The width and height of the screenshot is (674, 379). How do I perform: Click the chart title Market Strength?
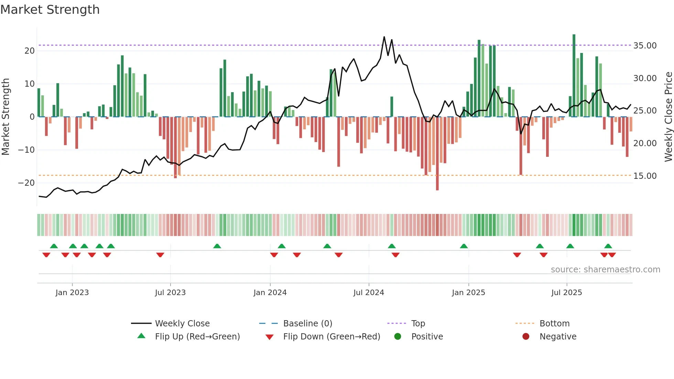(x=50, y=10)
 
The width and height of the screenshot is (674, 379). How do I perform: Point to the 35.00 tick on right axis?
(x=645, y=46)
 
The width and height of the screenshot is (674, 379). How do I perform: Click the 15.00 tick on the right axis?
(x=645, y=176)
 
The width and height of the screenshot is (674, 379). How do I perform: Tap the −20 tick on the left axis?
(x=26, y=183)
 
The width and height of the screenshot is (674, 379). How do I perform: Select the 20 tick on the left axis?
(x=30, y=51)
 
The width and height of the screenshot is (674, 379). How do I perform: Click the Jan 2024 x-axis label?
(x=270, y=293)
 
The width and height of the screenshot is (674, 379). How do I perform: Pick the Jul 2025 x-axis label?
(x=566, y=293)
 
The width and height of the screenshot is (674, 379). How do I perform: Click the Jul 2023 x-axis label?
(x=170, y=293)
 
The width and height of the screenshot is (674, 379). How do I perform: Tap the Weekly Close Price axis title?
(x=668, y=117)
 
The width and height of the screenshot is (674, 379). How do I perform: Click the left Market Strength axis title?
(x=6, y=117)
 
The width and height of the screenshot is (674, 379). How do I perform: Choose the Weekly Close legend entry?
(x=182, y=324)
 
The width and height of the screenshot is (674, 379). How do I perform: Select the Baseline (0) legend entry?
(x=307, y=324)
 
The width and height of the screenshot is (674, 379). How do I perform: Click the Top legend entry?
(x=418, y=324)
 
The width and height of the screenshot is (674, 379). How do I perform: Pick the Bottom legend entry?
(x=554, y=324)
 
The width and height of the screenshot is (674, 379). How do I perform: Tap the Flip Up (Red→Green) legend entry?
(x=197, y=337)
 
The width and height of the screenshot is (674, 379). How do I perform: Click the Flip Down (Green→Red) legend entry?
(x=331, y=337)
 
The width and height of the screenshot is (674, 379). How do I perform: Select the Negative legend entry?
(x=557, y=337)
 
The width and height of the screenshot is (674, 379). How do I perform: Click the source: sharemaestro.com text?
(x=605, y=270)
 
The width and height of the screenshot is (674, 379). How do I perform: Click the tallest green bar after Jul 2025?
(x=574, y=76)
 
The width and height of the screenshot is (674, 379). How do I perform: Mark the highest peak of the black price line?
(x=384, y=37)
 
